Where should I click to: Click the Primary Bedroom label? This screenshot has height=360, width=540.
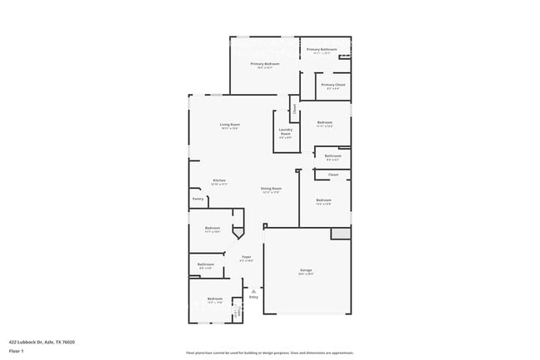[x=265, y=64]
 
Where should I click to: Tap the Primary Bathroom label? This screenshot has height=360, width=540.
[x=322, y=49]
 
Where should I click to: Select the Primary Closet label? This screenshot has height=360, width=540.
[x=333, y=85]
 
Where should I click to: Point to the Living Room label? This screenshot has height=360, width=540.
[x=230, y=125]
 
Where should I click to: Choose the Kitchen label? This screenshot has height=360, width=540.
[x=219, y=180]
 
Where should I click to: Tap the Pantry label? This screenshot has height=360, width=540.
[x=198, y=199]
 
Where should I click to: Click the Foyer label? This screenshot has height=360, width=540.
[x=247, y=258]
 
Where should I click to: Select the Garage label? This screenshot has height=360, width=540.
[x=306, y=270]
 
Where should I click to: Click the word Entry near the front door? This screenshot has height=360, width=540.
[x=253, y=297]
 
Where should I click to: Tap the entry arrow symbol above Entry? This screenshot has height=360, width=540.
[x=253, y=290]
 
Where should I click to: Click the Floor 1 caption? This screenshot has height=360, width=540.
[x=17, y=351]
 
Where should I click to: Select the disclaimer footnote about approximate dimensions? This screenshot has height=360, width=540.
[x=269, y=353]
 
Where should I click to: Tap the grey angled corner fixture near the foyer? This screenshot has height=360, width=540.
[x=238, y=234]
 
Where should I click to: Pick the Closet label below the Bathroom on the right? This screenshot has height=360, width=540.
[x=333, y=175]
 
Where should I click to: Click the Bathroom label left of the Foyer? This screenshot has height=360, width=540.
[x=206, y=264]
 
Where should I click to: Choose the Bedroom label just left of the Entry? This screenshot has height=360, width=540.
[x=215, y=298]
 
